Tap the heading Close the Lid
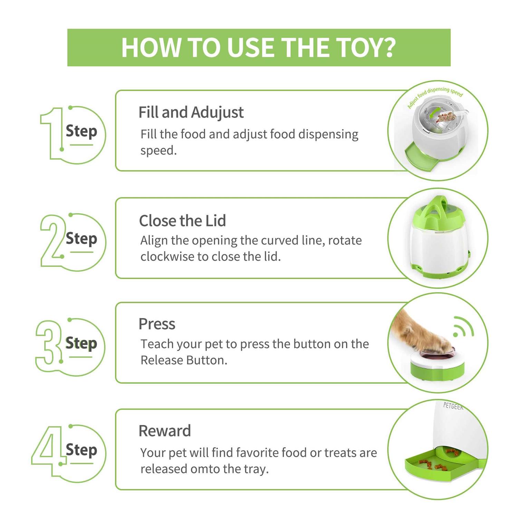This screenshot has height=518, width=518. pyautogui.click(x=182, y=221)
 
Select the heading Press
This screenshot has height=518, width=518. pyautogui.click(x=157, y=324)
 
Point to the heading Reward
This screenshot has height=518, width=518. pyautogui.click(x=165, y=431)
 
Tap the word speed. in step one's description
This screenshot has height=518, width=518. pyautogui.click(x=159, y=151)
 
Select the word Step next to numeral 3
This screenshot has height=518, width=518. pyautogui.click(x=81, y=344)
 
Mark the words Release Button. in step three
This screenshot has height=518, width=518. pyautogui.click(x=184, y=360)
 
